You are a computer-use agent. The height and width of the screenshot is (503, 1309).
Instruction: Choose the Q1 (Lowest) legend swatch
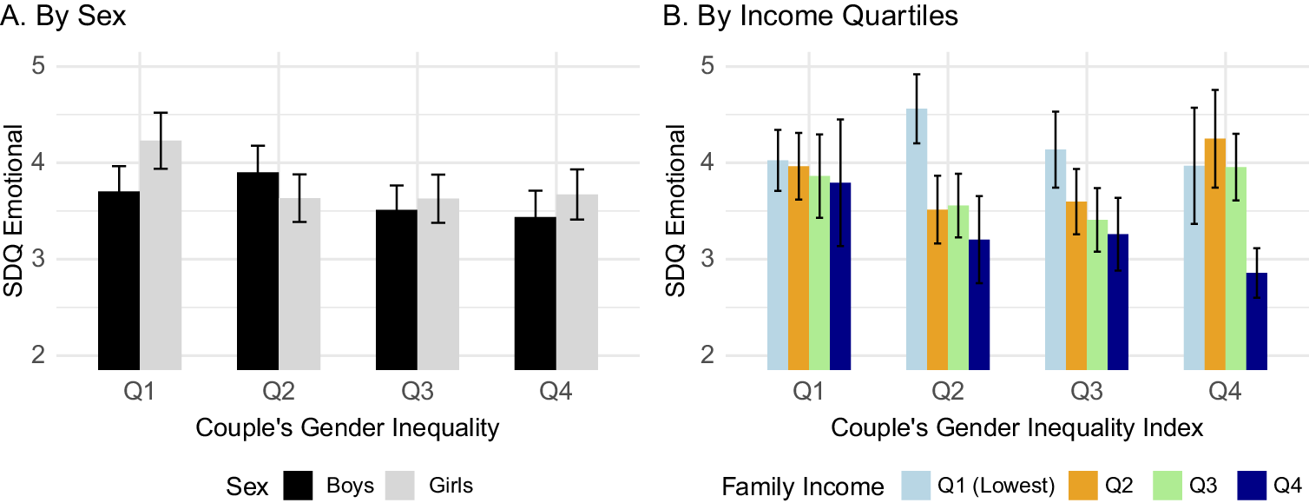click(918, 486)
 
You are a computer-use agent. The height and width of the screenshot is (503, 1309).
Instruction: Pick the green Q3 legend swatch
click(1166, 486)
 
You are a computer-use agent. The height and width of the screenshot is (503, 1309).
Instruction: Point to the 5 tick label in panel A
click(39, 66)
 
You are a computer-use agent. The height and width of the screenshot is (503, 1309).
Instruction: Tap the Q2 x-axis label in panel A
click(279, 393)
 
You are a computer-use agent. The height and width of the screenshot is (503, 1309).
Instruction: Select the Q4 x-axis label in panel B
click(1226, 393)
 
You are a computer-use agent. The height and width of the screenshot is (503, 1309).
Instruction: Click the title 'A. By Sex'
click(64, 17)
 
